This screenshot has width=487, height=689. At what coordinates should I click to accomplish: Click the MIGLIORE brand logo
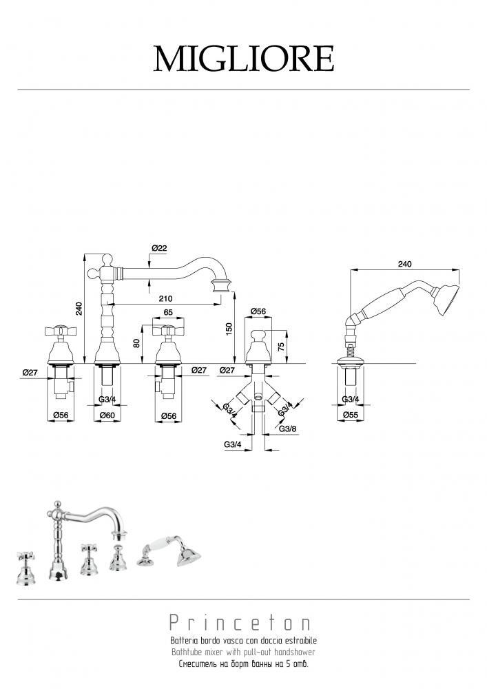coord(244,59)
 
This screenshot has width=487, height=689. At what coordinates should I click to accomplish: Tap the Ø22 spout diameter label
coord(159,248)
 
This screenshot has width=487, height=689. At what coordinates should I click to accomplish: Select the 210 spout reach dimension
coord(165,299)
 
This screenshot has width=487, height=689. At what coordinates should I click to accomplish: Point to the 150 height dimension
coord(229,327)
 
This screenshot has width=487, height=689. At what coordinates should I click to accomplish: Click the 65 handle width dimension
coord(168,313)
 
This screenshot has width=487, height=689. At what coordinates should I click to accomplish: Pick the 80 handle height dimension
coord(136,343)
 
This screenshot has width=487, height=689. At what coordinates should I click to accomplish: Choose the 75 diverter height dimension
coord(282,345)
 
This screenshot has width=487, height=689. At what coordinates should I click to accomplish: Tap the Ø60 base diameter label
coord(107,415)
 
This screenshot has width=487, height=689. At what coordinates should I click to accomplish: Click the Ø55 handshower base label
coord(351,414)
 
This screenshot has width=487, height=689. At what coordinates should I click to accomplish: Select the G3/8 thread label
coord(287,429)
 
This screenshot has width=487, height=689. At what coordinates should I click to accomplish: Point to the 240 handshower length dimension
coord(404,264)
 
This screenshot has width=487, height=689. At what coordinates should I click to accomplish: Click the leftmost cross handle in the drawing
coord(61,331)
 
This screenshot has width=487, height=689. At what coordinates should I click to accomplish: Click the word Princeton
coord(240,623)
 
